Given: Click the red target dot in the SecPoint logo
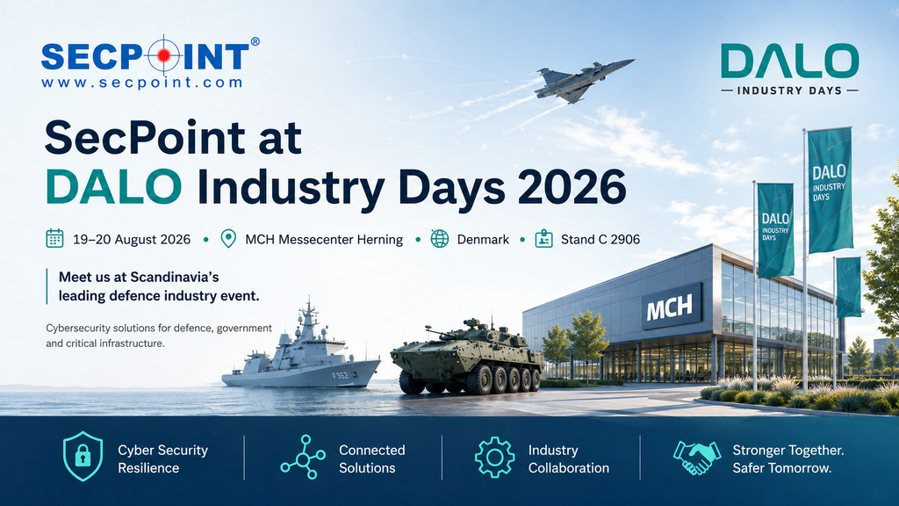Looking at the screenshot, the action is click(x=164, y=55).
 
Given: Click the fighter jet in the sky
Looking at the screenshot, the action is click(x=582, y=80).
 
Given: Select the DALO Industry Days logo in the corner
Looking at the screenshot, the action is click(x=789, y=69).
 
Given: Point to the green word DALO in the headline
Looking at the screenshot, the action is click(x=113, y=186).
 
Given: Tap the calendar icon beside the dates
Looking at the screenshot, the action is click(x=54, y=238).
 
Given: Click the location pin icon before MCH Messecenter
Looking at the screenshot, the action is click(x=228, y=239).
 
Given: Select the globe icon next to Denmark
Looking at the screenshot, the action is click(x=440, y=239).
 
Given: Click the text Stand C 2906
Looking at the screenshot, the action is click(x=601, y=239).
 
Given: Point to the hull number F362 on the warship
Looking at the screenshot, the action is click(x=340, y=376).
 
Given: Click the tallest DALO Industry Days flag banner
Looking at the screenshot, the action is click(x=830, y=190).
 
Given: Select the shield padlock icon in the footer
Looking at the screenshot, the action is click(x=83, y=456).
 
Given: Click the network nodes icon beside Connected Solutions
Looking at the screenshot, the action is click(x=303, y=457).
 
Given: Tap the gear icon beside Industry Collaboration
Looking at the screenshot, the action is click(x=495, y=457).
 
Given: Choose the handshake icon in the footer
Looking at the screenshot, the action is click(x=696, y=458).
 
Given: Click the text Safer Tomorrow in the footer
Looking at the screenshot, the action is click(x=782, y=468).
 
